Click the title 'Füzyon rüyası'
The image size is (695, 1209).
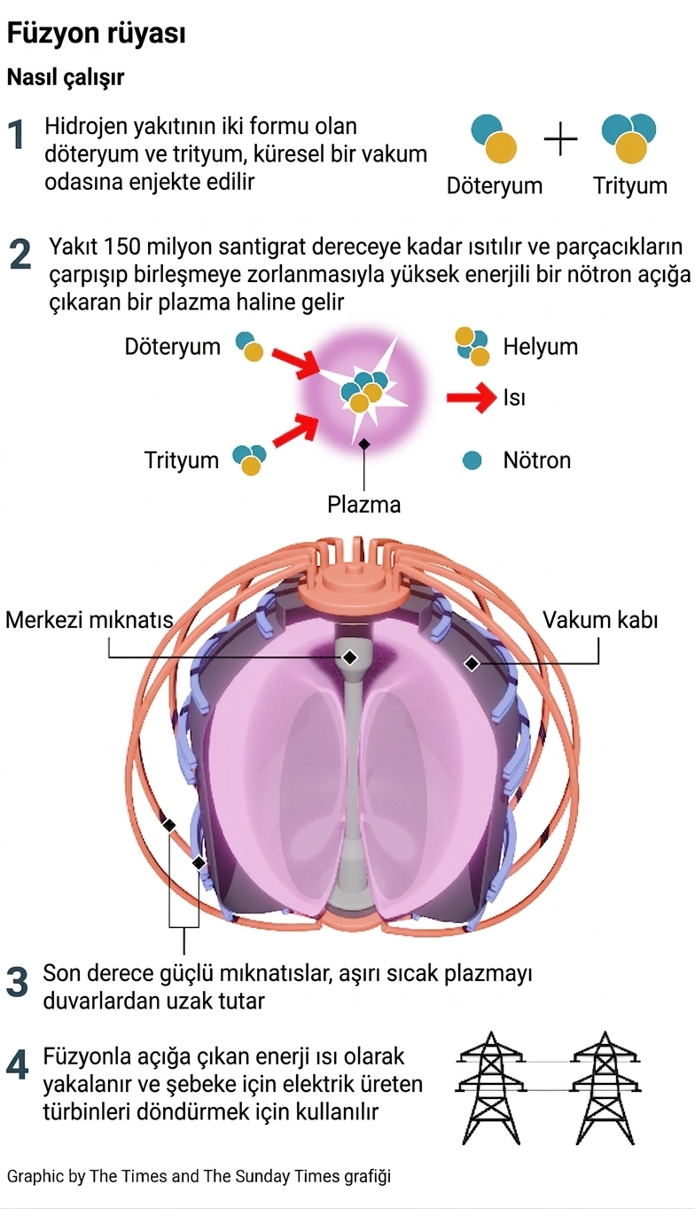tap(96, 35)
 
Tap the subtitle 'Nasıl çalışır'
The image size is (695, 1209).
tap(66, 78)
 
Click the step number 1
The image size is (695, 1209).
tap(17, 136)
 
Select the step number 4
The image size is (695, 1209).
tap(18, 1066)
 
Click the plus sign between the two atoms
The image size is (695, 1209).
tap(560, 139)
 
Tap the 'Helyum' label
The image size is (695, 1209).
tap(540, 346)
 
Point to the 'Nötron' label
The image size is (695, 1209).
tap(536, 460)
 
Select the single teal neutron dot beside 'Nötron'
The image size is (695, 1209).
tap(472, 460)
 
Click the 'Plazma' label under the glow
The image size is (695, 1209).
tap(363, 505)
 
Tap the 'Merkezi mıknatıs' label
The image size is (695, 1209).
tap(89, 619)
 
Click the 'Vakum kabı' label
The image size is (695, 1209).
tap(600, 619)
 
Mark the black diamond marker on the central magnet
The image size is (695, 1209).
tap(350, 657)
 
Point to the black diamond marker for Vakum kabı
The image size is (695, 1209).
tap(472, 663)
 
